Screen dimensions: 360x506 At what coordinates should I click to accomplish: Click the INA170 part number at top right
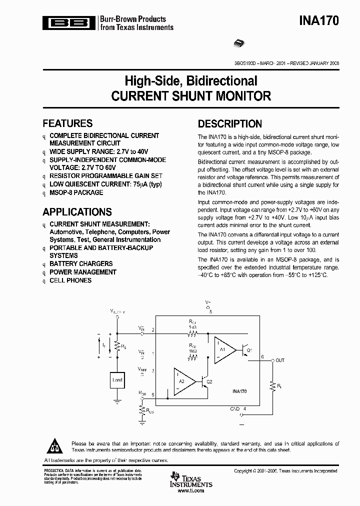319,21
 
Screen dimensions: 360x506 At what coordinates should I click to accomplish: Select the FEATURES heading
67,123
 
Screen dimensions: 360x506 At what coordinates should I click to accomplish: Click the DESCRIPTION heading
229,124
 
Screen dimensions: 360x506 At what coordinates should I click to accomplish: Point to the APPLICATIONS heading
77,212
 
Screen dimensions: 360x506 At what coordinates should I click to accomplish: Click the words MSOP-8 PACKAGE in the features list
76,192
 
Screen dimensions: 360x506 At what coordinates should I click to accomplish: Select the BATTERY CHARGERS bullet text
81,263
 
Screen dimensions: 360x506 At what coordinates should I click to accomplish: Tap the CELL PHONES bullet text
70,280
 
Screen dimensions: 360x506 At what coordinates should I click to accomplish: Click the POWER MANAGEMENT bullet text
83,272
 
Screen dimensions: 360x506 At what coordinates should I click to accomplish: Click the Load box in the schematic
117,379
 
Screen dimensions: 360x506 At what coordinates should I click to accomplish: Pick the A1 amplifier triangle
224,349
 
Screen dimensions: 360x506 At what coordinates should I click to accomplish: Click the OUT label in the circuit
280,360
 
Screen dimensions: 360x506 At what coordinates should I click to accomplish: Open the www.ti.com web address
190,491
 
